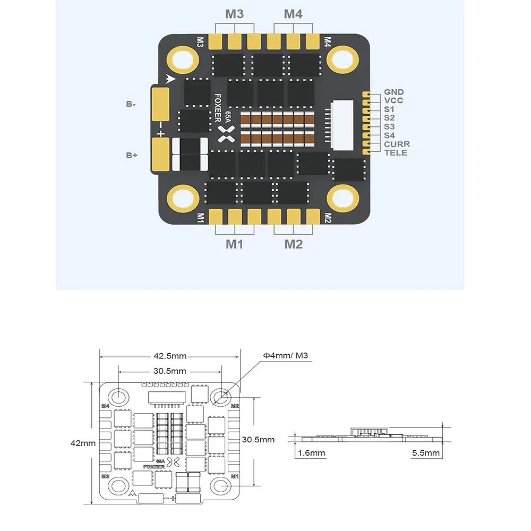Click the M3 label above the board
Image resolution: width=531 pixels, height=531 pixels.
click(234, 14)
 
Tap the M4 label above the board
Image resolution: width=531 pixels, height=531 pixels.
click(293, 14)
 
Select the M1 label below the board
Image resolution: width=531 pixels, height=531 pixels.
click(234, 244)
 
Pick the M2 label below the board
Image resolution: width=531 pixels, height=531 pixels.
click(293, 244)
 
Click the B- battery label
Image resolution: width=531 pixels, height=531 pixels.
click(131, 105)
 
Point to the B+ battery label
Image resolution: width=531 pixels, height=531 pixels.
click(131, 155)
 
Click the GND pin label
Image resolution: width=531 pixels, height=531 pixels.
click(393, 92)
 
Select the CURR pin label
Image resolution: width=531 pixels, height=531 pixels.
click(397, 144)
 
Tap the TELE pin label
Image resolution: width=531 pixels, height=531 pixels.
click(396, 153)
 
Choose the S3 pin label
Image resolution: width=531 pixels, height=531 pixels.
click(389, 126)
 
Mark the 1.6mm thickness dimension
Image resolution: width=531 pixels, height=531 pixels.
click(311, 453)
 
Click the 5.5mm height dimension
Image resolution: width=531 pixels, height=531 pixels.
click(426, 453)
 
